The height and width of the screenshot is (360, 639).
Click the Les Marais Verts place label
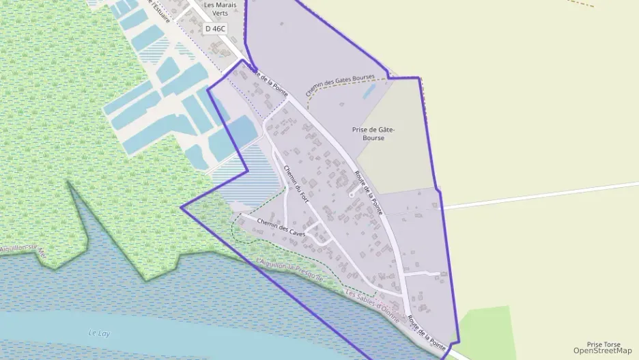click(x=220, y=9)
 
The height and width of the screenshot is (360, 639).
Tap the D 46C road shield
click(x=214, y=29)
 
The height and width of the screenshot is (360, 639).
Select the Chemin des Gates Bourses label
click(x=341, y=86)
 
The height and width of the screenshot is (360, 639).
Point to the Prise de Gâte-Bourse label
click(x=369, y=133)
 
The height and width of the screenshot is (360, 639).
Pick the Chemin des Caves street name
click(x=281, y=227)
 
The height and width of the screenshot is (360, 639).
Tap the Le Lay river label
click(x=100, y=333)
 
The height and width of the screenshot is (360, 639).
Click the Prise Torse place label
click(x=603, y=344)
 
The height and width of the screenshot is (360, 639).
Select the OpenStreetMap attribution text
click(x=602, y=351)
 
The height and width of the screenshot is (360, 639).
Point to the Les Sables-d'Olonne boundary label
click(x=376, y=303)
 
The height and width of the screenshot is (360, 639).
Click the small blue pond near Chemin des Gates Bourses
click(x=369, y=91)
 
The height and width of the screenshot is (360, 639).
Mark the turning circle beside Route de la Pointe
click(x=351, y=195)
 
